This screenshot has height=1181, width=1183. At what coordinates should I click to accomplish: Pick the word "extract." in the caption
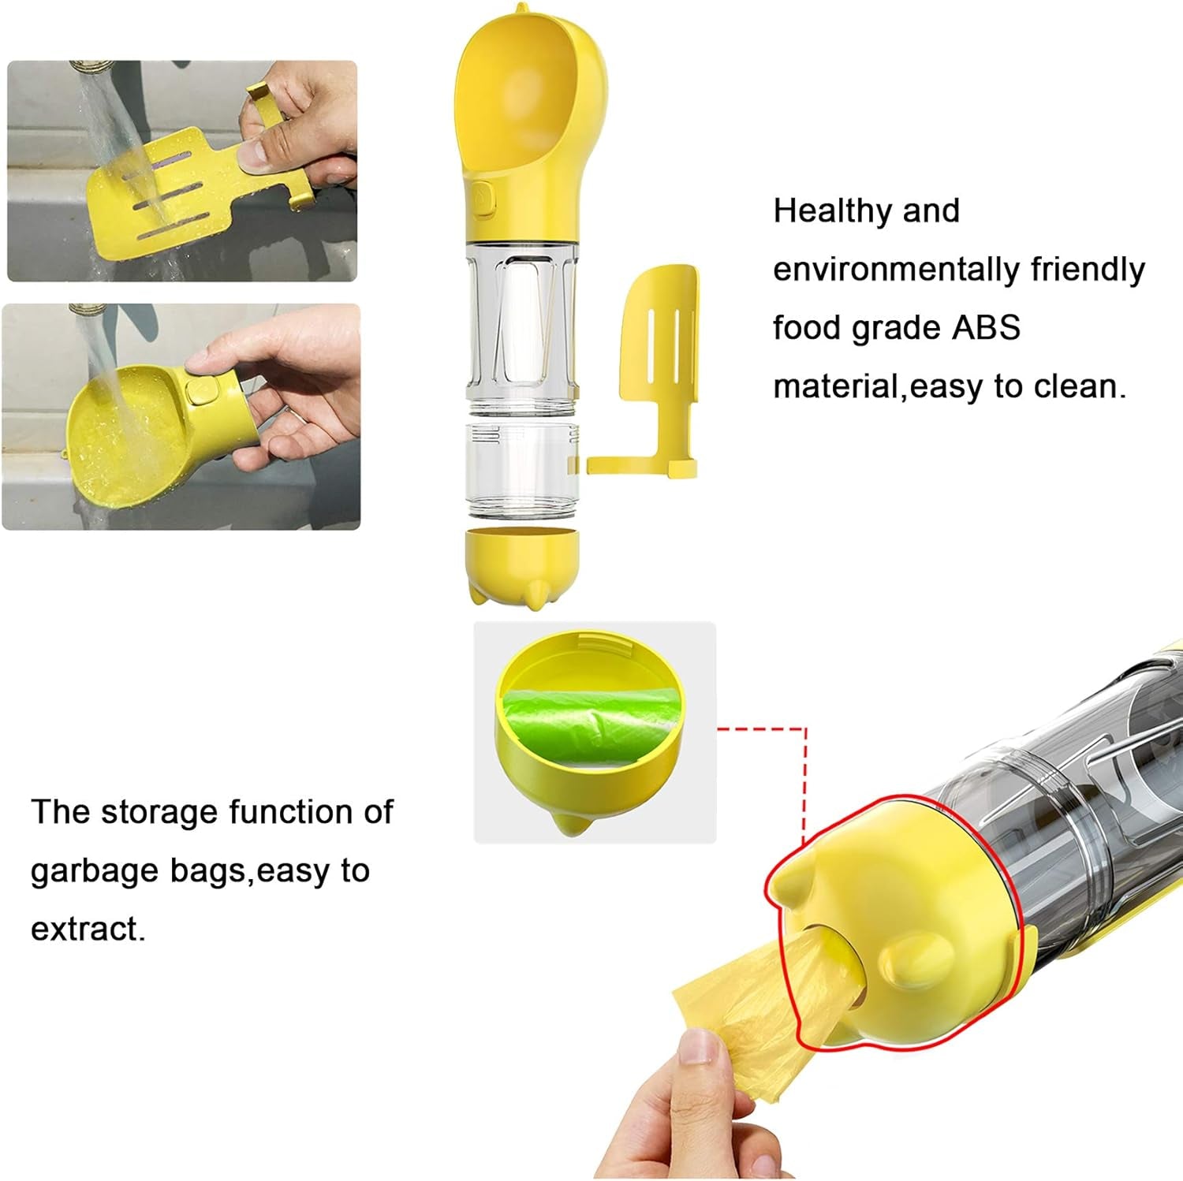(x=88, y=929)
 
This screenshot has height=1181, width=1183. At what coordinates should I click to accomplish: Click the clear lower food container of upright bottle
(x=522, y=469)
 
